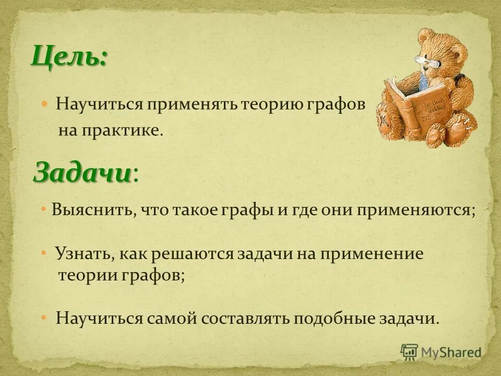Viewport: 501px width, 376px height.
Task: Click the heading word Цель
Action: (x=69, y=56)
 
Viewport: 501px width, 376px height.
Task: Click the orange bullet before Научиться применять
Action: (x=45, y=103)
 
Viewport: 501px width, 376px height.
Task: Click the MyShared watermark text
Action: (x=451, y=352)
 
